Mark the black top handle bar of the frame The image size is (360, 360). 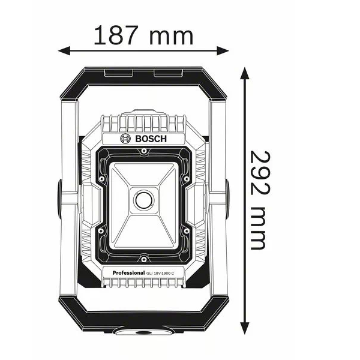click(x=145, y=73)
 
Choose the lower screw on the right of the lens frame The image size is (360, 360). click(x=187, y=229)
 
